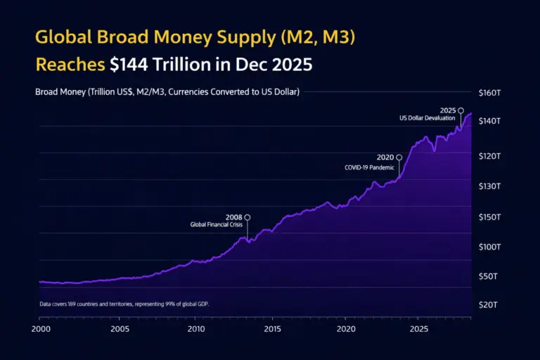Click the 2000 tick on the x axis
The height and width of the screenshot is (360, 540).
click(x=40, y=329)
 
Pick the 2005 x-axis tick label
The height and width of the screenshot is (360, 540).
click(x=120, y=329)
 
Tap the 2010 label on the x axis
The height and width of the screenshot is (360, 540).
click(x=196, y=329)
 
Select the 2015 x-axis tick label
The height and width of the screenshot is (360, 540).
click(x=272, y=329)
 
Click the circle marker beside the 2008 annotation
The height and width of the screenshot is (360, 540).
click(x=247, y=217)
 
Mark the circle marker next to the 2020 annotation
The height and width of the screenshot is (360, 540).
click(x=399, y=157)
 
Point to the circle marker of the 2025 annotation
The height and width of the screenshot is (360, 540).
click(x=461, y=110)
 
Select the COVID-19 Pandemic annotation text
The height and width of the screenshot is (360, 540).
click(x=369, y=167)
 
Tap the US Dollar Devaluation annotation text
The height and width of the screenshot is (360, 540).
click(x=427, y=118)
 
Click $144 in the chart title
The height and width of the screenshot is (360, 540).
click(x=134, y=65)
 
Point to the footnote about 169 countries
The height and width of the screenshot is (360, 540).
click(x=124, y=304)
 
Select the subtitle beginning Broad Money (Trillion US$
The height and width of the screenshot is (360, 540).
click(x=167, y=92)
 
